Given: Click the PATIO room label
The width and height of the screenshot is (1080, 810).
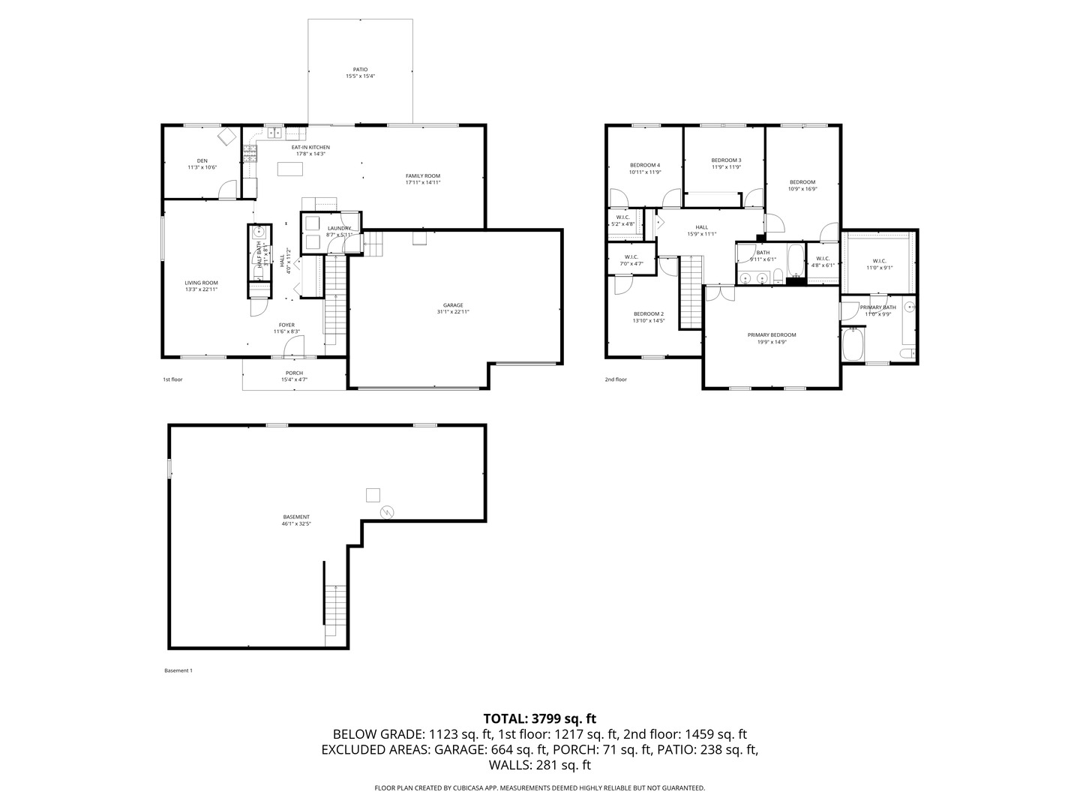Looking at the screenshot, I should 360,70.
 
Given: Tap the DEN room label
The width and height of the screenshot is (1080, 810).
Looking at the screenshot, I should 202,160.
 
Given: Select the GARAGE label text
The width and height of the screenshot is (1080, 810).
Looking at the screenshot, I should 452,305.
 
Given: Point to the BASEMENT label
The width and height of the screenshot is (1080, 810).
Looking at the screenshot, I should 295,517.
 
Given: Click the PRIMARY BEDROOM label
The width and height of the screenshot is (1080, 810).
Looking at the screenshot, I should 771,335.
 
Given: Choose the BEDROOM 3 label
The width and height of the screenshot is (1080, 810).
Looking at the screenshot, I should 726,160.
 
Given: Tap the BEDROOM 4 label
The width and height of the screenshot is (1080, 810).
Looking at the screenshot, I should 644,165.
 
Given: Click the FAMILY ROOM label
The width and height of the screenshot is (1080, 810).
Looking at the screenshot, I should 422,176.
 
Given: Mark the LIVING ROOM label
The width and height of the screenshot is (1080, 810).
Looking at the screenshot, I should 201,283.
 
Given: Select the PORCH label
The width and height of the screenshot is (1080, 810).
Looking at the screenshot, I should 294,373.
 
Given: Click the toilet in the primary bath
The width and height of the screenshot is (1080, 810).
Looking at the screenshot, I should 906,352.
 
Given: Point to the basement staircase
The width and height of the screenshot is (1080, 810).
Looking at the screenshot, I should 335,615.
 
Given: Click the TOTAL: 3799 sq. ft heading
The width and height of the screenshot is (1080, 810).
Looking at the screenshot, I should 539,718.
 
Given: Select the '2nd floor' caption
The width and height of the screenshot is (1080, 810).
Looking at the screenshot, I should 616,379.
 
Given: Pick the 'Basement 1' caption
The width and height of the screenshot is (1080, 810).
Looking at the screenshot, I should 178,670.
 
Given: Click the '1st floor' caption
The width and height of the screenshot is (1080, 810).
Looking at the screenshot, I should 172,379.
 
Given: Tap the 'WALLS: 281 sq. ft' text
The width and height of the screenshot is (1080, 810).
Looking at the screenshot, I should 539,765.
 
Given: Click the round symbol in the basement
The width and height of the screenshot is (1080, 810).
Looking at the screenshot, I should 387,512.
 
